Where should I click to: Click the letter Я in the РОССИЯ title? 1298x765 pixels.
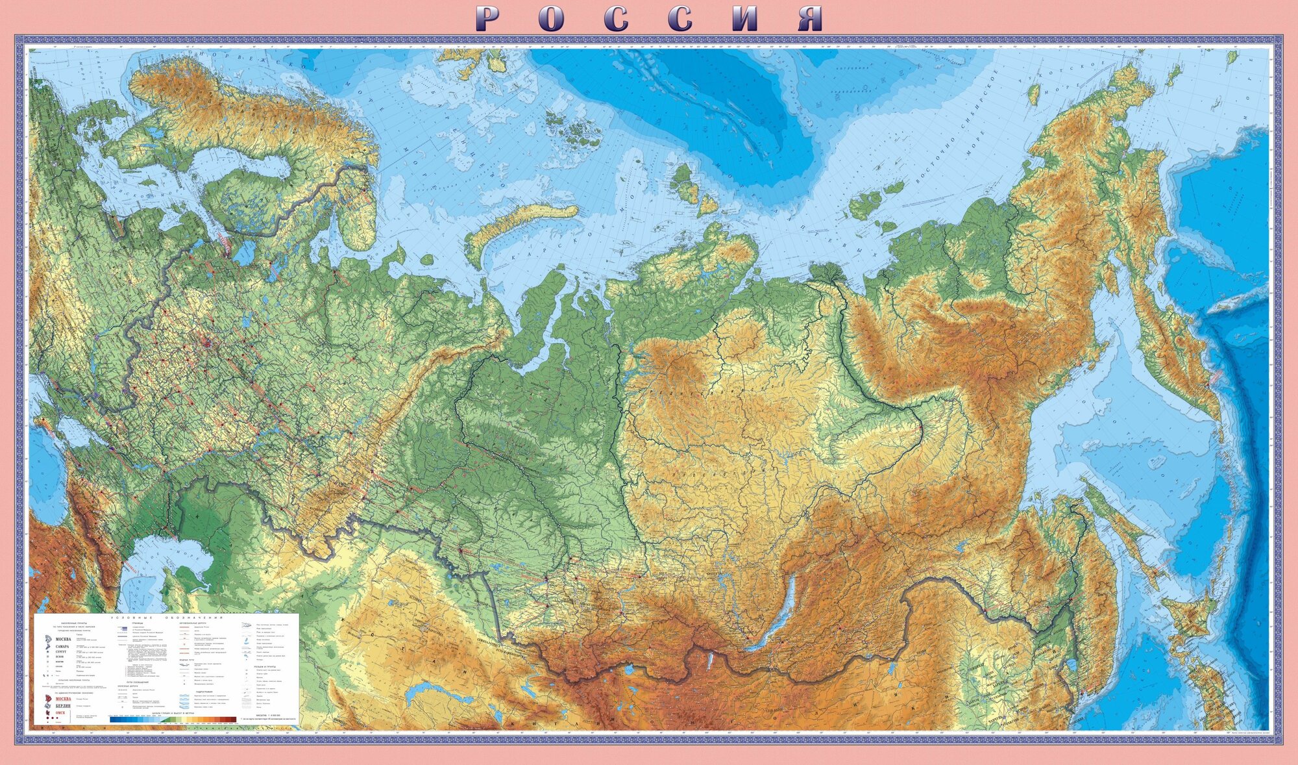(809, 19)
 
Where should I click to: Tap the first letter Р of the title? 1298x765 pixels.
(488, 19)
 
